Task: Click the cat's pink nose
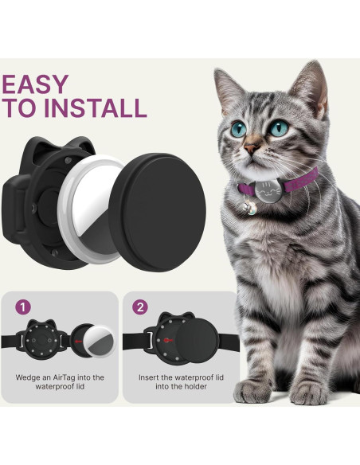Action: (x=252, y=149)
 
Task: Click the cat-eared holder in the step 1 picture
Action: (x=46, y=343)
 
